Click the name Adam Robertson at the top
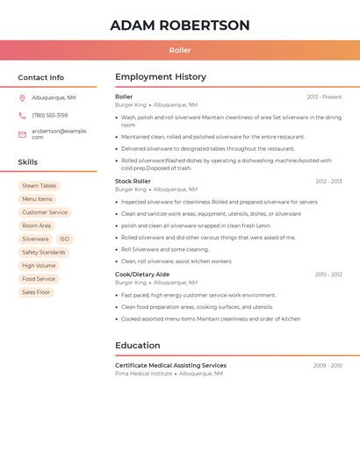[180, 25]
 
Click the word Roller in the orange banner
[180, 50]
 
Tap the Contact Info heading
[40, 77]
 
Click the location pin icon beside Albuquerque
[22, 98]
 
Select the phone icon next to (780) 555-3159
[22, 116]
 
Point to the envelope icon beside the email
[22, 134]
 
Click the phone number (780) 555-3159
[49, 116]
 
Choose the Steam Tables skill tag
[39, 186]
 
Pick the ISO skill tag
[64, 239]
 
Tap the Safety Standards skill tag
[43, 253]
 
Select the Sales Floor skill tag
[36, 292]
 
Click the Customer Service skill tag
[44, 212]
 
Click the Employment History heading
[161, 77]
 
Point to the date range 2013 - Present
[324, 97]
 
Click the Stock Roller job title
[133, 182]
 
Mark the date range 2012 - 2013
[328, 182]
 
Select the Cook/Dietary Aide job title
[142, 275]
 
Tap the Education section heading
[138, 346]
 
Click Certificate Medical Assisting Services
[170, 366]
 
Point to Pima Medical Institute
[143, 374]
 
